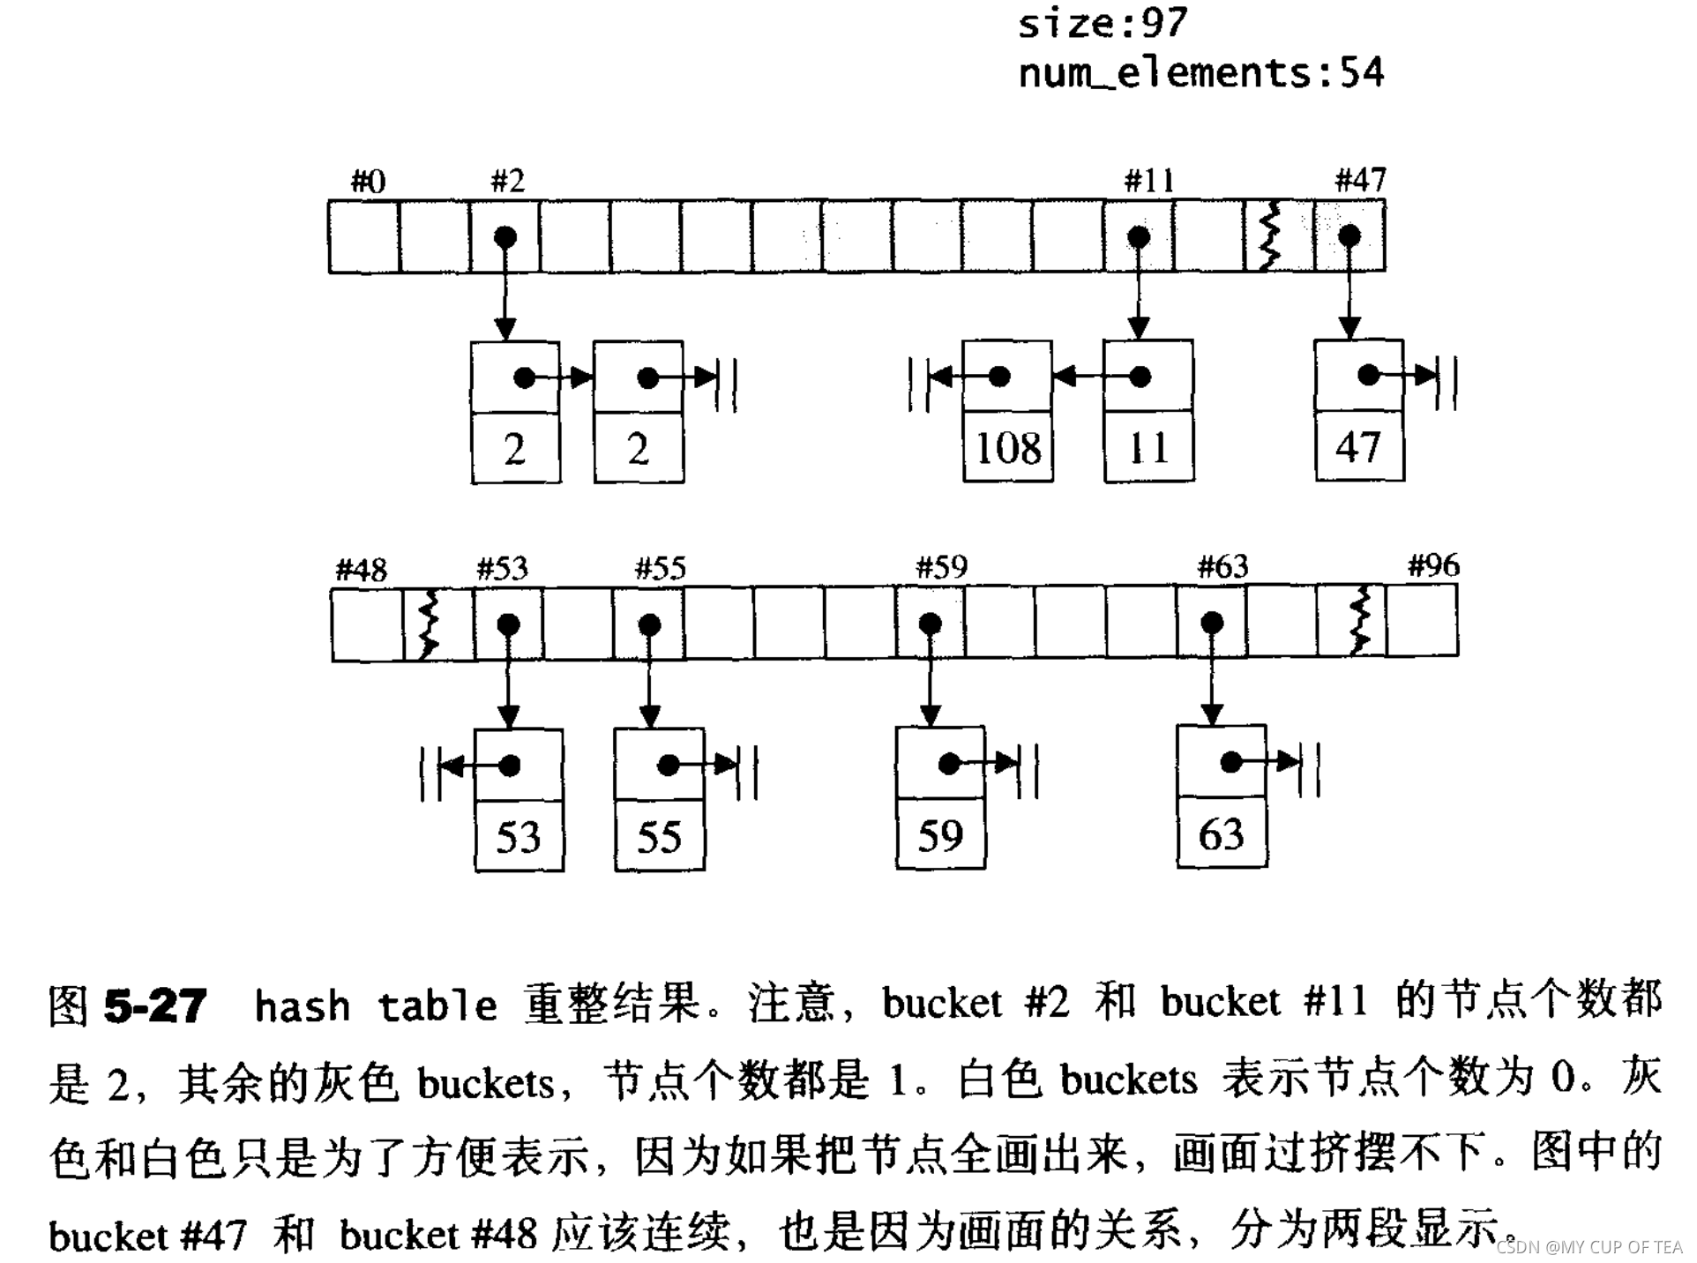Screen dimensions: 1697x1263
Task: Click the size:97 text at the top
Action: click(x=1103, y=23)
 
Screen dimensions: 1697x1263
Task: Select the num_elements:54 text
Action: click(x=1201, y=72)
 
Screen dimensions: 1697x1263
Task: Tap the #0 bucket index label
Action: click(x=368, y=182)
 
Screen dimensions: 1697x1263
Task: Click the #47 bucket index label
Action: click(x=1360, y=181)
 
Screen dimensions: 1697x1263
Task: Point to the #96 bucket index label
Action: click(x=1433, y=565)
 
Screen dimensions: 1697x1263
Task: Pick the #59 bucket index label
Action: click(x=941, y=567)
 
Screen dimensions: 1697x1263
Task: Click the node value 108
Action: click(x=1008, y=448)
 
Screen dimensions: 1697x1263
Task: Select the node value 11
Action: click(x=1148, y=448)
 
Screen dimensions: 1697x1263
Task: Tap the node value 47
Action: click(x=1358, y=447)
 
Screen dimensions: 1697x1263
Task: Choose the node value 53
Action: click(x=518, y=837)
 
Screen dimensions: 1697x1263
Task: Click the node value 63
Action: click(x=1221, y=834)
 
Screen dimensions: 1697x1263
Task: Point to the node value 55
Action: click(x=659, y=837)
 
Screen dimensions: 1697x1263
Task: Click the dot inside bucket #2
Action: click(x=505, y=237)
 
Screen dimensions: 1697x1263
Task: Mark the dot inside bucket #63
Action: click(x=1212, y=624)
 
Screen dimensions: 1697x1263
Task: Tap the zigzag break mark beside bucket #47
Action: click(x=1270, y=236)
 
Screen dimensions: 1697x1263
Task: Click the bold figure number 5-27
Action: click(x=155, y=1005)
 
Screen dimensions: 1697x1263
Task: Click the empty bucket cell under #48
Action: click(x=367, y=624)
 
